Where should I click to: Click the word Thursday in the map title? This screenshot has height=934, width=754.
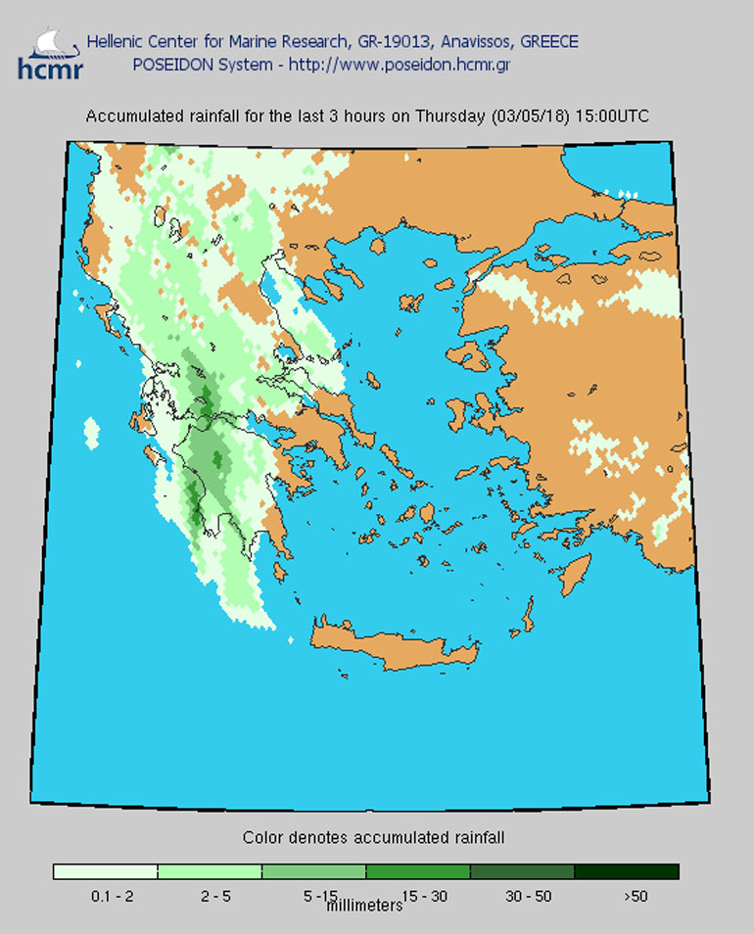(450, 117)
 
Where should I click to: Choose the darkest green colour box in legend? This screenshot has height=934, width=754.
(626, 871)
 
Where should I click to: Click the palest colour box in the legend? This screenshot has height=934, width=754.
(105, 871)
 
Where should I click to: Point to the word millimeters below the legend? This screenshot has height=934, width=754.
(364, 907)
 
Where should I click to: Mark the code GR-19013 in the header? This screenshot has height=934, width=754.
(391, 42)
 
